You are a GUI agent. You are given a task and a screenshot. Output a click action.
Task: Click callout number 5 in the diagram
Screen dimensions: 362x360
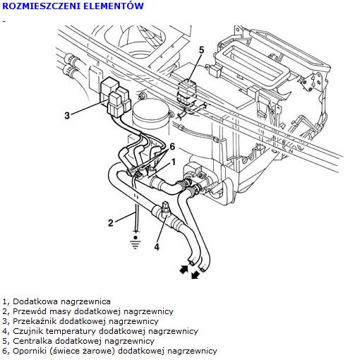click(202, 50)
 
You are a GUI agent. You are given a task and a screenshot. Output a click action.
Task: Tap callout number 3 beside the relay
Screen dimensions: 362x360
click(67, 116)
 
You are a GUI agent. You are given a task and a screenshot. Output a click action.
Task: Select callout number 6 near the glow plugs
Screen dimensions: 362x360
click(172, 147)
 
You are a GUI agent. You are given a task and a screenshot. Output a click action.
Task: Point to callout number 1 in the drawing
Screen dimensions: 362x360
click(174, 162)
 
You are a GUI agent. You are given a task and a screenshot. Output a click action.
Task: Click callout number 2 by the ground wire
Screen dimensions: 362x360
click(111, 222)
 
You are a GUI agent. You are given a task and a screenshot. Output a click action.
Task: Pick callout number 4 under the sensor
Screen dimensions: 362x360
click(157, 247)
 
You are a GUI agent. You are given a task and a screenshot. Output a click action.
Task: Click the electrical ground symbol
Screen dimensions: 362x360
click(135, 242)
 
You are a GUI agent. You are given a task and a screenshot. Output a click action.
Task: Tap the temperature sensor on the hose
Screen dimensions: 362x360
click(165, 208)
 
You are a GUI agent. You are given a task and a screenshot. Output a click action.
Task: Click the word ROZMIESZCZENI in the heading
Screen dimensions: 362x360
click(41, 6)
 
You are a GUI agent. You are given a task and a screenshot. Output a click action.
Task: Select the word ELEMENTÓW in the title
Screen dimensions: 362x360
click(114, 6)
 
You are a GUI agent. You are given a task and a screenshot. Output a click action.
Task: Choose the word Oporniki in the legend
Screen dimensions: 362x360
click(30, 351)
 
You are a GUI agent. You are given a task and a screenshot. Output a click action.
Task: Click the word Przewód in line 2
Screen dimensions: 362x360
click(30, 311)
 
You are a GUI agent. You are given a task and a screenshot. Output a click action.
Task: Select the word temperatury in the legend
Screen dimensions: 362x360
click(71, 332)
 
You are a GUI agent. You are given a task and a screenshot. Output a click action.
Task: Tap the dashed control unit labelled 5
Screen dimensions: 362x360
click(187, 92)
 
